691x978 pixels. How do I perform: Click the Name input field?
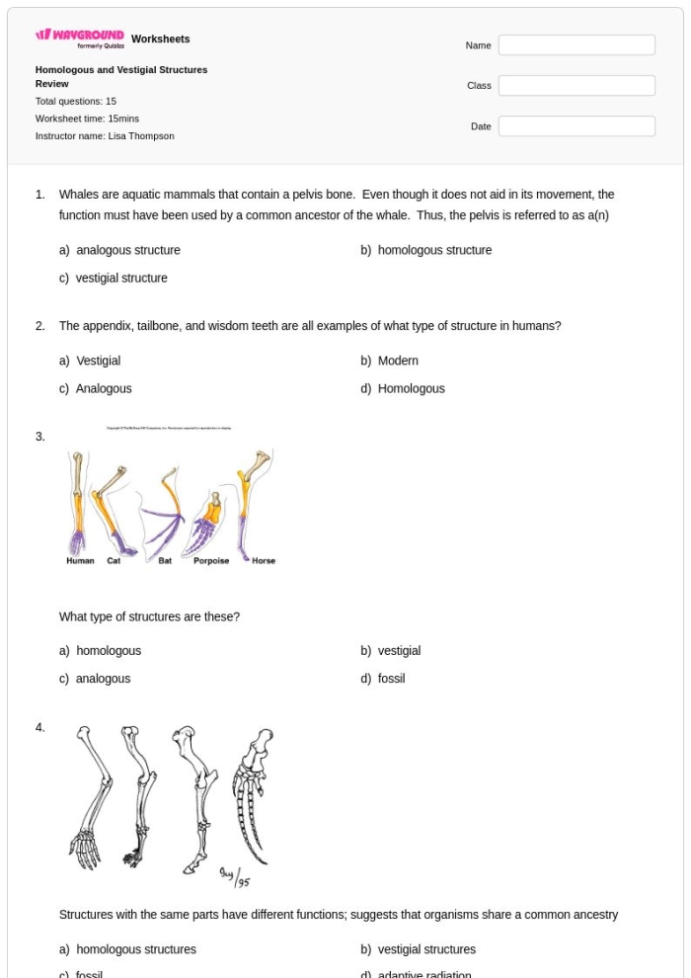(x=576, y=45)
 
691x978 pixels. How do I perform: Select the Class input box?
(x=576, y=86)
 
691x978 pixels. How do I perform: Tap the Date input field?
(x=576, y=126)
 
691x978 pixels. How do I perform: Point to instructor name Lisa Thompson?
(x=105, y=136)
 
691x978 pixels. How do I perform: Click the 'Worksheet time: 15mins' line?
(x=87, y=119)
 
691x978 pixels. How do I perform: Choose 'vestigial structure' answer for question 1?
(x=121, y=279)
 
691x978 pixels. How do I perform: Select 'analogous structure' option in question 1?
(x=127, y=251)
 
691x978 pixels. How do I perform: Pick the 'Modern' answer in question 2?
(x=398, y=361)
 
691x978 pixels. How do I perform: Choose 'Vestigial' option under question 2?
(x=98, y=361)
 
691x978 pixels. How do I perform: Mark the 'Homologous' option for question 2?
(x=411, y=389)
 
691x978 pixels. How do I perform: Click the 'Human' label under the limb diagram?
(x=80, y=561)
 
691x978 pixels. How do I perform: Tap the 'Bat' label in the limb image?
(x=165, y=561)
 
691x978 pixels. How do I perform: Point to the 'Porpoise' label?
(x=211, y=561)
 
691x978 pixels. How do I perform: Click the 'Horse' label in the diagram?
(x=264, y=561)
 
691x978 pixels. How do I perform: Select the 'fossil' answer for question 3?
(x=391, y=679)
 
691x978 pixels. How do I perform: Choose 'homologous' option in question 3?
(x=109, y=651)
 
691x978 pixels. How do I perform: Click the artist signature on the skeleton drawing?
(x=234, y=875)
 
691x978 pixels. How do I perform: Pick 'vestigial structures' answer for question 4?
(x=426, y=949)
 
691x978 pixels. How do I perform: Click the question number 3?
(x=39, y=437)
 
